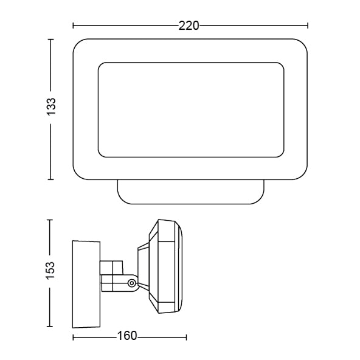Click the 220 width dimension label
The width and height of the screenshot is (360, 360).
pos(189,26)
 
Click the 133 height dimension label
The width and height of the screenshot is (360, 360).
pos(51,106)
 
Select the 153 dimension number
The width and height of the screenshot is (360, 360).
pos(50,270)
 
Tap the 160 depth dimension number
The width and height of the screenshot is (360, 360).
pos(127,336)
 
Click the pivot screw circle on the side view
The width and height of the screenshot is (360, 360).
pos(132,283)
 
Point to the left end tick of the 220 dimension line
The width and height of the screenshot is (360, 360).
pos(73,26)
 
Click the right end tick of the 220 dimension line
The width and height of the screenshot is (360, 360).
pos(308,26)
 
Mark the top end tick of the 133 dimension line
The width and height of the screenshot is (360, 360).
pos(50,40)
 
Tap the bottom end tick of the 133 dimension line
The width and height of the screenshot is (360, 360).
pos(50,179)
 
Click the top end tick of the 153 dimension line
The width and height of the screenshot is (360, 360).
pos(50,220)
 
